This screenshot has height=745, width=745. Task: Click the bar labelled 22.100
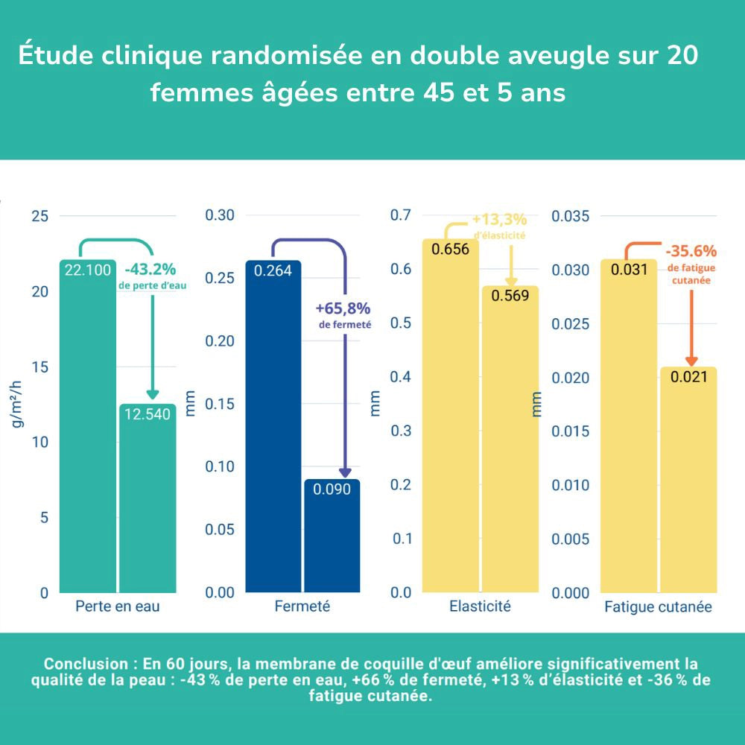(88, 425)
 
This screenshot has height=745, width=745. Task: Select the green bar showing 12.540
(148, 499)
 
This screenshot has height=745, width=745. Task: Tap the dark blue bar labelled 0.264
(273, 425)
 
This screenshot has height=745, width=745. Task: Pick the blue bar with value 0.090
(332, 536)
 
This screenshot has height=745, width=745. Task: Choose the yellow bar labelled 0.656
(450, 417)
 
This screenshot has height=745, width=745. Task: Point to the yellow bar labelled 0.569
(510, 440)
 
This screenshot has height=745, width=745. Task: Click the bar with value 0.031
(629, 425)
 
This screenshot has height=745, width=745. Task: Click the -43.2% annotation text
(150, 268)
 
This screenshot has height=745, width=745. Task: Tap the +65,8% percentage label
(343, 308)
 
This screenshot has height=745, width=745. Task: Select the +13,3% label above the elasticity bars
(499, 220)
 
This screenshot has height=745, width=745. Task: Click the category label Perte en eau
(118, 606)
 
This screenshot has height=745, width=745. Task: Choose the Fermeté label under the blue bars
(302, 606)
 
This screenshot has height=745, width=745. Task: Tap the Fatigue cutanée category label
(658, 607)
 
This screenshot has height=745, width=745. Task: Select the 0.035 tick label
(569, 216)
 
